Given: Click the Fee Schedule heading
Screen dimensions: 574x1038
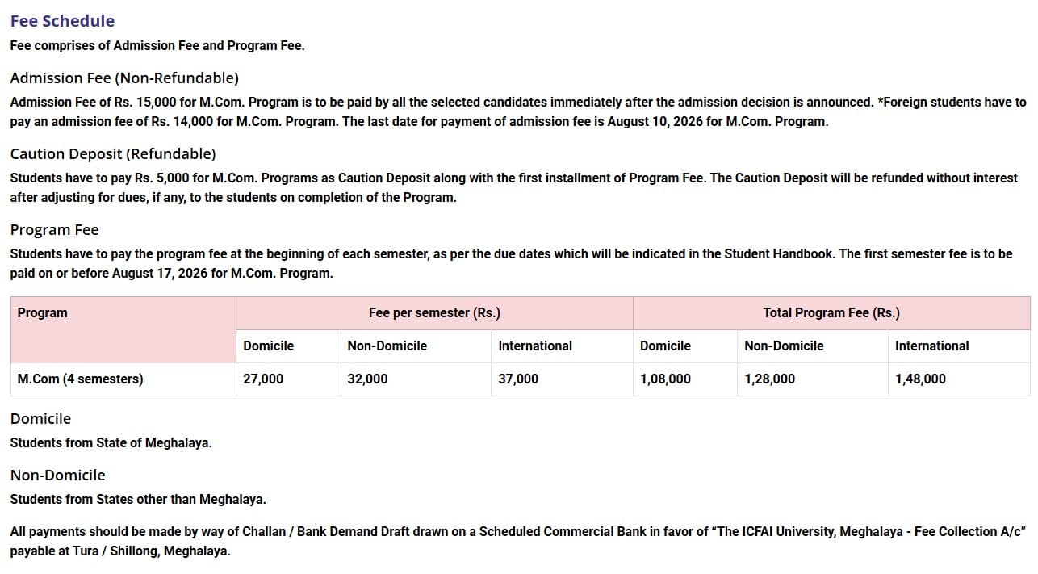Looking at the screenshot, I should (62, 21).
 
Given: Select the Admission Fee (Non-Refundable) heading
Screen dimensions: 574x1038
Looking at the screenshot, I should (124, 78).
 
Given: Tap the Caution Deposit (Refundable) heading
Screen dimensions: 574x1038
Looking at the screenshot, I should (113, 154).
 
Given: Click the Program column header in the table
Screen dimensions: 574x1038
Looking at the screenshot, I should (43, 313).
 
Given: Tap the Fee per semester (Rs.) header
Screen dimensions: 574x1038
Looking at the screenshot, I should (434, 313).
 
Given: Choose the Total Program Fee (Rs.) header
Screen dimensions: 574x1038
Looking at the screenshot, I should (831, 313).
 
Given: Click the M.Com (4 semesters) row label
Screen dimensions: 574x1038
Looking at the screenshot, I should (80, 379).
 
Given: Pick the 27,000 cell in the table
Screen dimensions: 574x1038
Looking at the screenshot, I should (263, 379).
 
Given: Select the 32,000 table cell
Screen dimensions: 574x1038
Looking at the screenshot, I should (367, 379).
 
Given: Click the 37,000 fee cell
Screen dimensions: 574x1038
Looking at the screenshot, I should (518, 379).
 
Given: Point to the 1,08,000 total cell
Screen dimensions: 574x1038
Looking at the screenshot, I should (665, 379).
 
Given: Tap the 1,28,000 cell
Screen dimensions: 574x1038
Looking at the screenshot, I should (769, 379).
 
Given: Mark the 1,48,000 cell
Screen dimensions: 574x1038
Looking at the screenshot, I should (920, 379).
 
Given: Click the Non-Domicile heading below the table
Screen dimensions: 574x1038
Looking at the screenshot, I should (58, 476).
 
